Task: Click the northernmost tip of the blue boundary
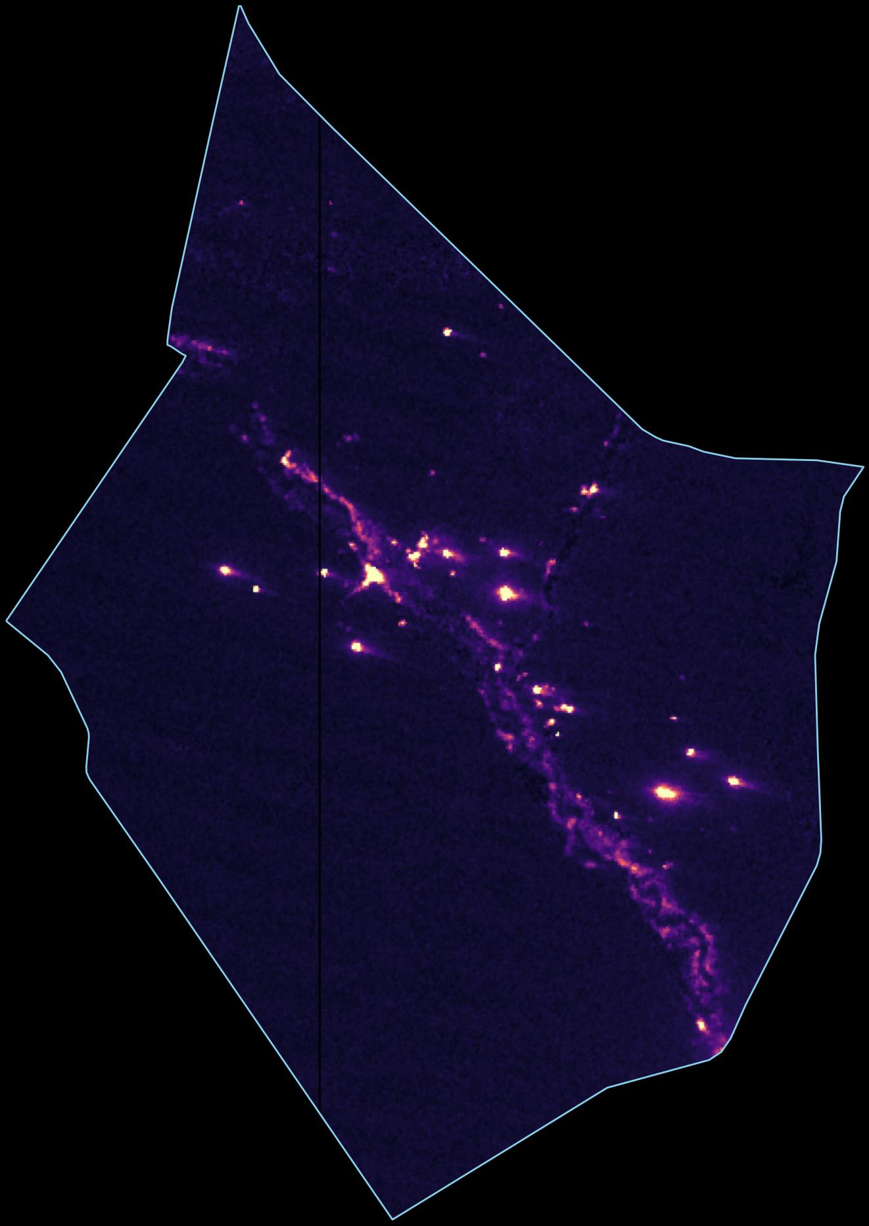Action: [x=240, y=6]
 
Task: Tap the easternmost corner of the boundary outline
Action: [x=863, y=466]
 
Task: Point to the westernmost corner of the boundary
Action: [x=7, y=620]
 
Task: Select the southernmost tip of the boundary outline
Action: [x=392, y=1219]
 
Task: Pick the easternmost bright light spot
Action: [x=734, y=781]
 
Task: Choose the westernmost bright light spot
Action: [x=225, y=570]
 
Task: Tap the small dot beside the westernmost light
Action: [x=256, y=589]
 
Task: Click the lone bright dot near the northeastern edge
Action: [x=448, y=332]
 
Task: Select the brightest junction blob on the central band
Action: [x=373, y=576]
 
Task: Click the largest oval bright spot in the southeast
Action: [x=666, y=793]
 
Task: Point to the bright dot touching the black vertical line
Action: [x=324, y=573]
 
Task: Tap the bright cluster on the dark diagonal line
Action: [x=590, y=489]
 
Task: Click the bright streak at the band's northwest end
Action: [x=287, y=458]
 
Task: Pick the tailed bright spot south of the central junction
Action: [x=357, y=647]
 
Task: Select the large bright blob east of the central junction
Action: [x=506, y=594]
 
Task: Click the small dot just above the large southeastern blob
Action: [x=691, y=752]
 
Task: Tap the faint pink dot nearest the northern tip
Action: [x=242, y=203]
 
